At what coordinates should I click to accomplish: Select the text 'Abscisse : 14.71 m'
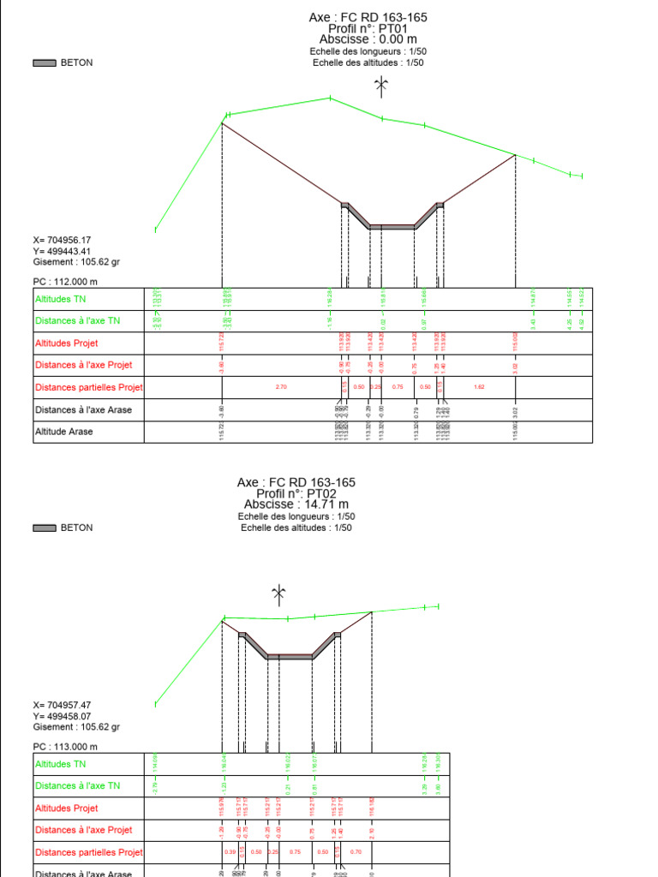(x=296, y=504)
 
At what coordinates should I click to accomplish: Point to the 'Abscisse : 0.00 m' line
(x=368, y=39)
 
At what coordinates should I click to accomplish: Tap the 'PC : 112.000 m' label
(x=66, y=282)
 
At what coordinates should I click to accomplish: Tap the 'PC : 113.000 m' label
(x=66, y=747)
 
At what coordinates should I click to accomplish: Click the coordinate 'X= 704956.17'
(x=63, y=240)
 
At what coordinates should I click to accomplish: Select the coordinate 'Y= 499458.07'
(x=63, y=716)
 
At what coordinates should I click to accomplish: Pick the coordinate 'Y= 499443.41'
(x=63, y=251)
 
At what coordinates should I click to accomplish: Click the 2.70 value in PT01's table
(x=281, y=387)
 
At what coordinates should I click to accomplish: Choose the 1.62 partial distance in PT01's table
(x=479, y=387)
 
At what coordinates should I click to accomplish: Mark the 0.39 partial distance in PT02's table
(x=230, y=852)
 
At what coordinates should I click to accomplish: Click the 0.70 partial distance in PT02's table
(x=356, y=852)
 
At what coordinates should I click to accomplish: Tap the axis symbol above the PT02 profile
(x=278, y=592)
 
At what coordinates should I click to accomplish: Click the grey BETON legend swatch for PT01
(x=45, y=63)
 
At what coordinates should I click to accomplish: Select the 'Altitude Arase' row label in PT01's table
(x=64, y=432)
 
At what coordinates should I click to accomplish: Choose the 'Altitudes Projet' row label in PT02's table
(x=67, y=808)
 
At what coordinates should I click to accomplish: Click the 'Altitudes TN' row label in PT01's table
(x=61, y=299)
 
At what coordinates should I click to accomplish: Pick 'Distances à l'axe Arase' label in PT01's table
(x=84, y=410)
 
